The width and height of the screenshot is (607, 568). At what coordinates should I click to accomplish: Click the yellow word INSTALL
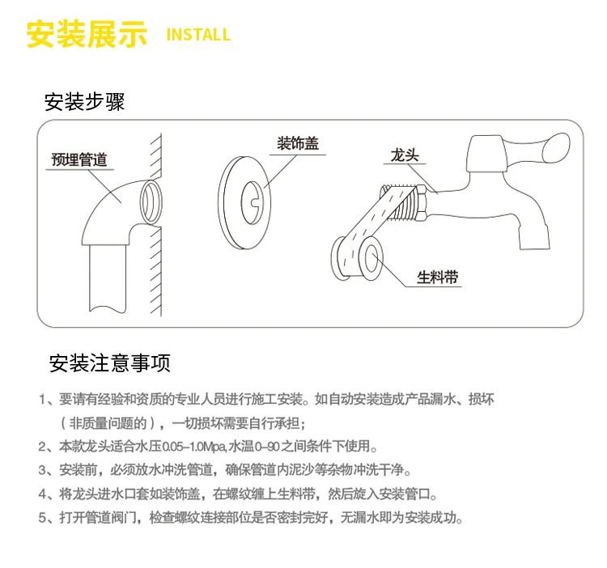[x=198, y=35]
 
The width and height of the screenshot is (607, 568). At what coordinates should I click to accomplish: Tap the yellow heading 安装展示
[x=87, y=34]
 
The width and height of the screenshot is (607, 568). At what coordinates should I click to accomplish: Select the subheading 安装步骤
[x=84, y=102]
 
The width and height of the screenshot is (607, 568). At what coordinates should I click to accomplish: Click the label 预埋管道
[x=79, y=159]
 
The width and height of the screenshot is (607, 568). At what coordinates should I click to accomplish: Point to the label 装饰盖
[x=298, y=143]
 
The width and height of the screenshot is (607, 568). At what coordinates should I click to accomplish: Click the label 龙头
[x=405, y=155]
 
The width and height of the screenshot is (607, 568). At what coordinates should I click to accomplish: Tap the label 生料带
[x=437, y=277]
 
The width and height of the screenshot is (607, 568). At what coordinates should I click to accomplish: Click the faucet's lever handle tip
[x=557, y=147]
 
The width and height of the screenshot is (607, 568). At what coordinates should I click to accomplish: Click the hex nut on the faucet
[x=421, y=202]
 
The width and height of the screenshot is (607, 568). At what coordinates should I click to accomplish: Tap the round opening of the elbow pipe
[x=151, y=202]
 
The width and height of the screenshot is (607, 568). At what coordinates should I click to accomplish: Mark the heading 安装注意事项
[x=110, y=363]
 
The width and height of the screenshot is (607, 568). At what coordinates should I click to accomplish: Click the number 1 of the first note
[x=42, y=400]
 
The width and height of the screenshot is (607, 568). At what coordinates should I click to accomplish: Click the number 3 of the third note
[x=42, y=470]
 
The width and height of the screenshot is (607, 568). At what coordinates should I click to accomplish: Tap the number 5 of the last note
[x=42, y=517]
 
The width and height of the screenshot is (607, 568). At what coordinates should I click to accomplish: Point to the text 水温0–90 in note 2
[x=254, y=447]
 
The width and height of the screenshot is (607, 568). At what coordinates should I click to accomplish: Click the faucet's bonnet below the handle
[x=486, y=154]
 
